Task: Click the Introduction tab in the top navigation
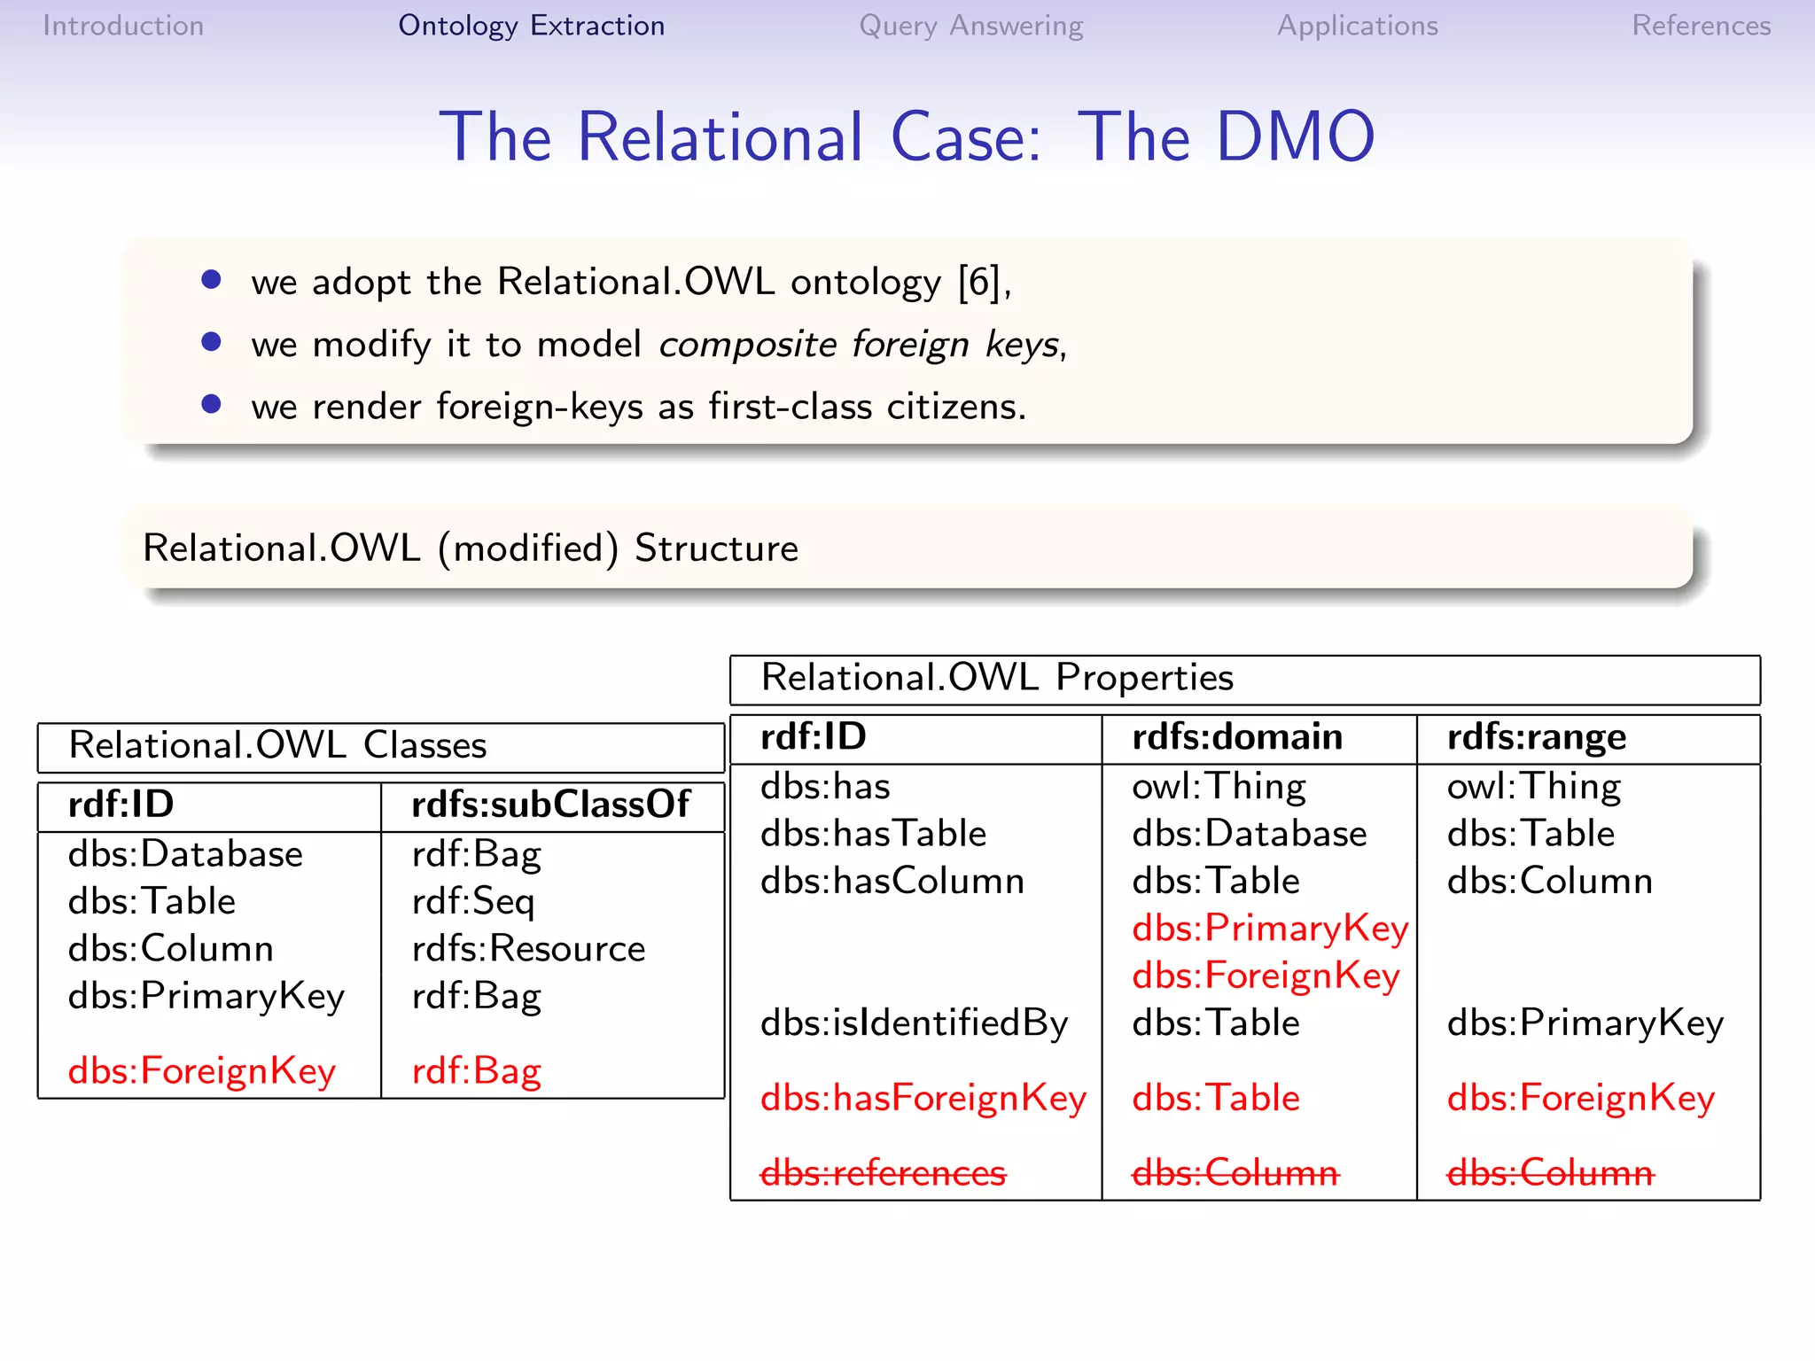tap(123, 26)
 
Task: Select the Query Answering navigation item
tap(970, 26)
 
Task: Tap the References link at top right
tap(1701, 26)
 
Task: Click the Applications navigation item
tap(1357, 26)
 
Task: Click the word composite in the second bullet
tap(747, 344)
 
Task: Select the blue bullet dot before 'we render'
tap(211, 404)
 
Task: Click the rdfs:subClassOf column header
tap(550, 805)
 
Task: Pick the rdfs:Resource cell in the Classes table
tap(528, 948)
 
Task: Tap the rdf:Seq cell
tap(473, 901)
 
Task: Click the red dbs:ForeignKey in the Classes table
tap(202, 1070)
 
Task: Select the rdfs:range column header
tap(1536, 737)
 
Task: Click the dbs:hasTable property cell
tap(873, 834)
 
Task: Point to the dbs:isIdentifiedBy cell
tap(914, 1023)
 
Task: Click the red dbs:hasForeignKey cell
tap(923, 1098)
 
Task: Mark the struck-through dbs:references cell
tap(884, 1172)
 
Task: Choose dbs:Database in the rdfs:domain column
tap(1249, 834)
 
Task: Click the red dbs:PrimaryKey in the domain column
tap(1269, 929)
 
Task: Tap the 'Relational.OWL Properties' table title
tap(997, 678)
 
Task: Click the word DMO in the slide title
tap(1295, 137)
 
